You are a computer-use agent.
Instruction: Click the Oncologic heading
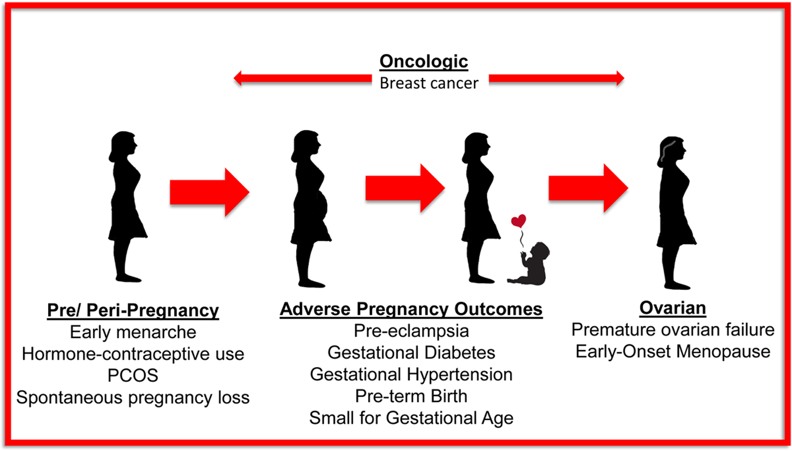[x=423, y=62]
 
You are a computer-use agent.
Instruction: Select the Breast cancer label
[x=429, y=83]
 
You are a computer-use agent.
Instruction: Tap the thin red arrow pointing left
[x=303, y=78]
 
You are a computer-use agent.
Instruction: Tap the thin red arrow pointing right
[x=557, y=78]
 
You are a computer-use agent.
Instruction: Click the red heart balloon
[x=518, y=221]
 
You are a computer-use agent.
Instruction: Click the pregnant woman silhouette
[x=310, y=209]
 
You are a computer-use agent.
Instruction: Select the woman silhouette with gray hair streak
[x=676, y=213]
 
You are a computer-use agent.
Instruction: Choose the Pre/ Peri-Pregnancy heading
[x=133, y=311]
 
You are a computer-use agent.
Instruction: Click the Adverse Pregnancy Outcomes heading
[x=411, y=309]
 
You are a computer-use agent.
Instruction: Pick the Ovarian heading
[x=673, y=308]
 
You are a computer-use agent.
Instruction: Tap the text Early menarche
[x=133, y=332]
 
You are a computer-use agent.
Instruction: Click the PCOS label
[x=133, y=375]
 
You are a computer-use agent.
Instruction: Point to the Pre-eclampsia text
[x=411, y=332]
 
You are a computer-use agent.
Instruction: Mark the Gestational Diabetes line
[x=411, y=353]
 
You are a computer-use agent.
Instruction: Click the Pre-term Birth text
[x=411, y=396]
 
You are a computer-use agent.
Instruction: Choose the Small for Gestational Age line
[x=411, y=418]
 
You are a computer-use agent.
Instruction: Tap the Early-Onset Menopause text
[x=673, y=352]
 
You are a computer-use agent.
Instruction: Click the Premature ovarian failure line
[x=673, y=330]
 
